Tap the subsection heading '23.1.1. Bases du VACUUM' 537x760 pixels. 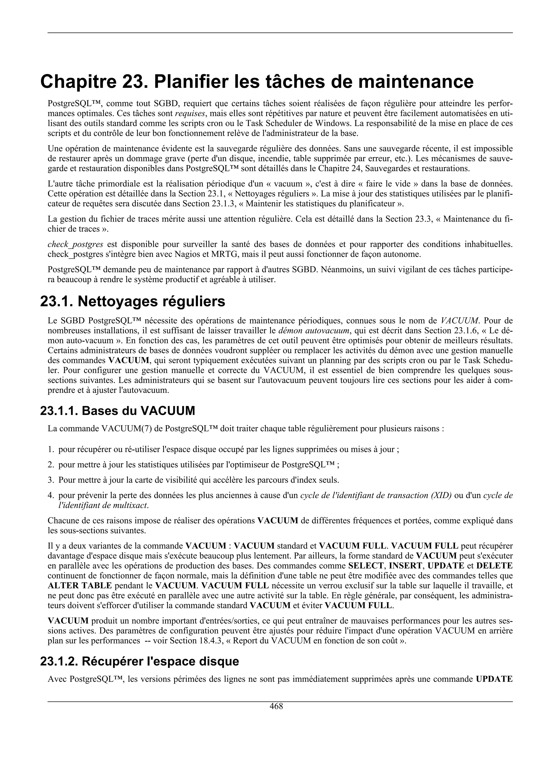tap(117, 410)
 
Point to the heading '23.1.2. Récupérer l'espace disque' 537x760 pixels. tap(139, 661)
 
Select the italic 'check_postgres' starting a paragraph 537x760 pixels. tap(76, 244)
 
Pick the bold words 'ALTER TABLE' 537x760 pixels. tap(80, 585)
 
